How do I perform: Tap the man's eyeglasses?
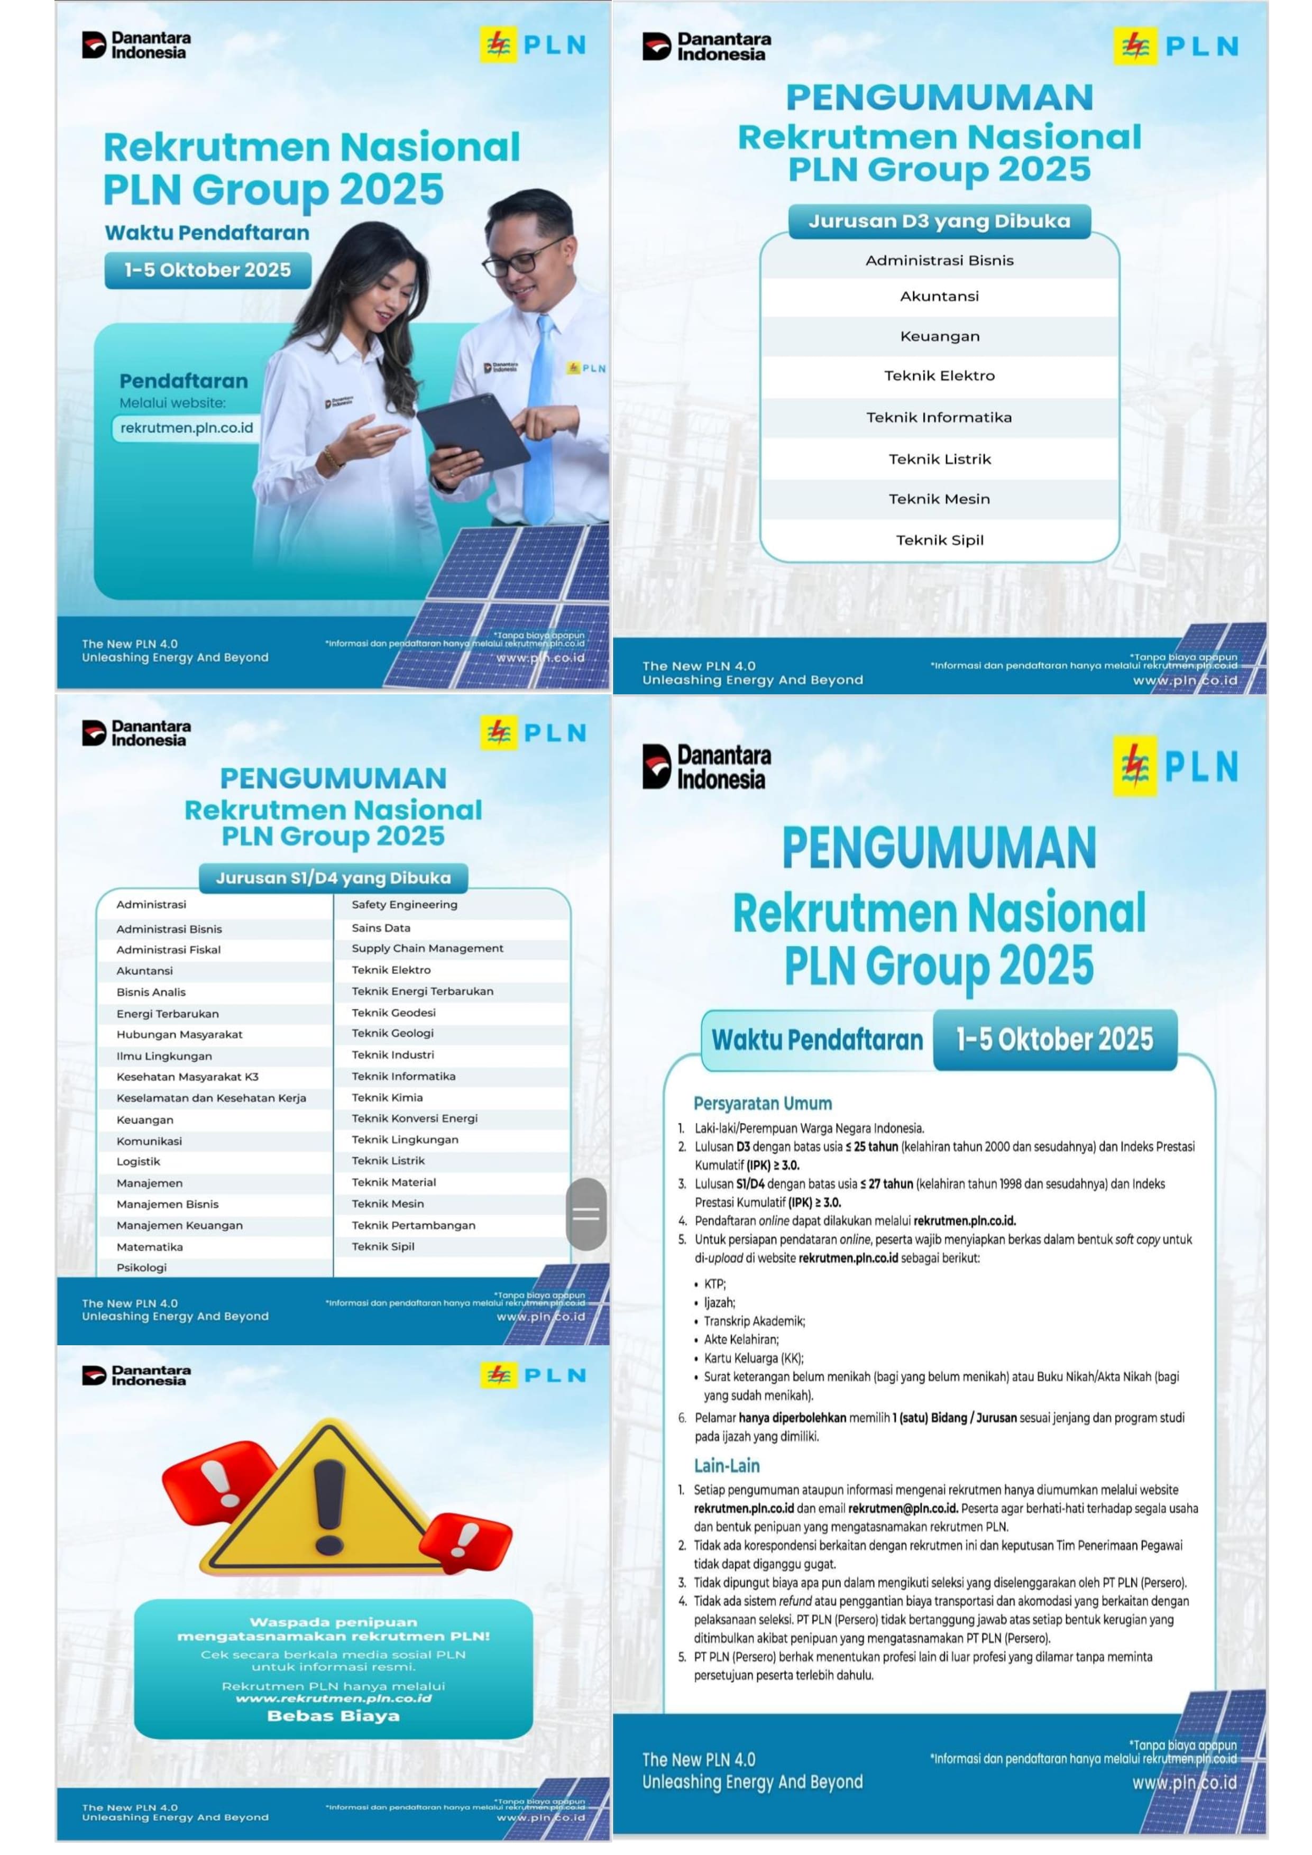(524, 257)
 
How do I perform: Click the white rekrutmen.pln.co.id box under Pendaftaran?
(186, 428)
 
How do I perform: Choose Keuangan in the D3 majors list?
(940, 336)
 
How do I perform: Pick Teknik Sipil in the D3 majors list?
(940, 540)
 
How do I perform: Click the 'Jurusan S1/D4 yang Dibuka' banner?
(333, 877)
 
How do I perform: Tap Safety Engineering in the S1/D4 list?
(404, 904)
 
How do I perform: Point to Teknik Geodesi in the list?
(393, 1012)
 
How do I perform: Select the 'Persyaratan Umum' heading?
(762, 1103)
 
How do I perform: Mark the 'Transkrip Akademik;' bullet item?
(754, 1321)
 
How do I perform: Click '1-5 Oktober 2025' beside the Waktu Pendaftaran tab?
(1054, 1039)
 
